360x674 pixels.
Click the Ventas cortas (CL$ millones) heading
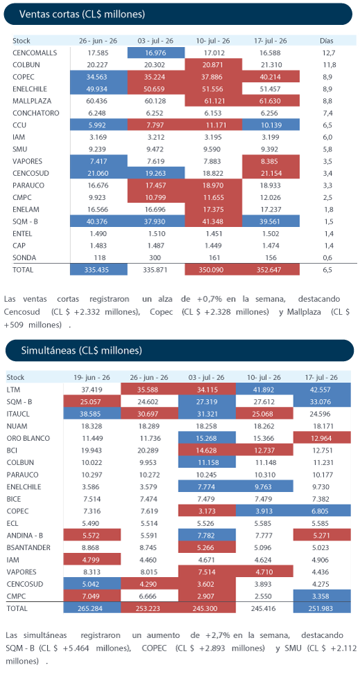point(82,14)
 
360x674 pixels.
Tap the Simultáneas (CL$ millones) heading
point(82,351)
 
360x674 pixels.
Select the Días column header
point(327,42)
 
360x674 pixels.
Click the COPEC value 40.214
point(270,78)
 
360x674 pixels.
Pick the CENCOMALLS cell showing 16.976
point(156,53)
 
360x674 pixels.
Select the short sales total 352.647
point(270,271)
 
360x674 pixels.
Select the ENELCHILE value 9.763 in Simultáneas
point(263,486)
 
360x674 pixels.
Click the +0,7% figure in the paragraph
point(208,298)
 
